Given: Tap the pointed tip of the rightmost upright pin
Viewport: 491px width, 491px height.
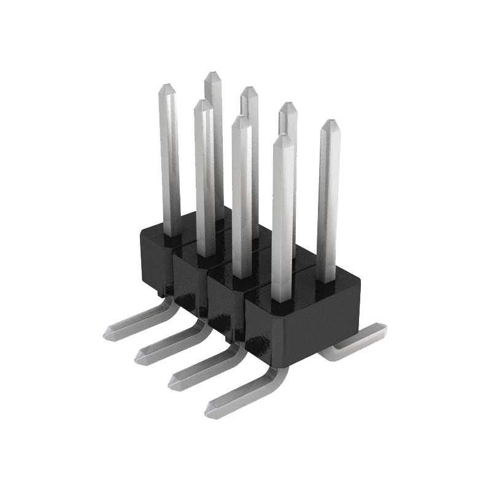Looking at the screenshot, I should pos(330,123).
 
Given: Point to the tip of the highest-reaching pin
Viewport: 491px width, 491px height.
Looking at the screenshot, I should pos(212,74).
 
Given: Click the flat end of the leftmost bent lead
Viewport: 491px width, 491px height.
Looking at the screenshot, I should pos(110,333).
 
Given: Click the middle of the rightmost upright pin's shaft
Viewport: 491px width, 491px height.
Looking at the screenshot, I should pos(328,203).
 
